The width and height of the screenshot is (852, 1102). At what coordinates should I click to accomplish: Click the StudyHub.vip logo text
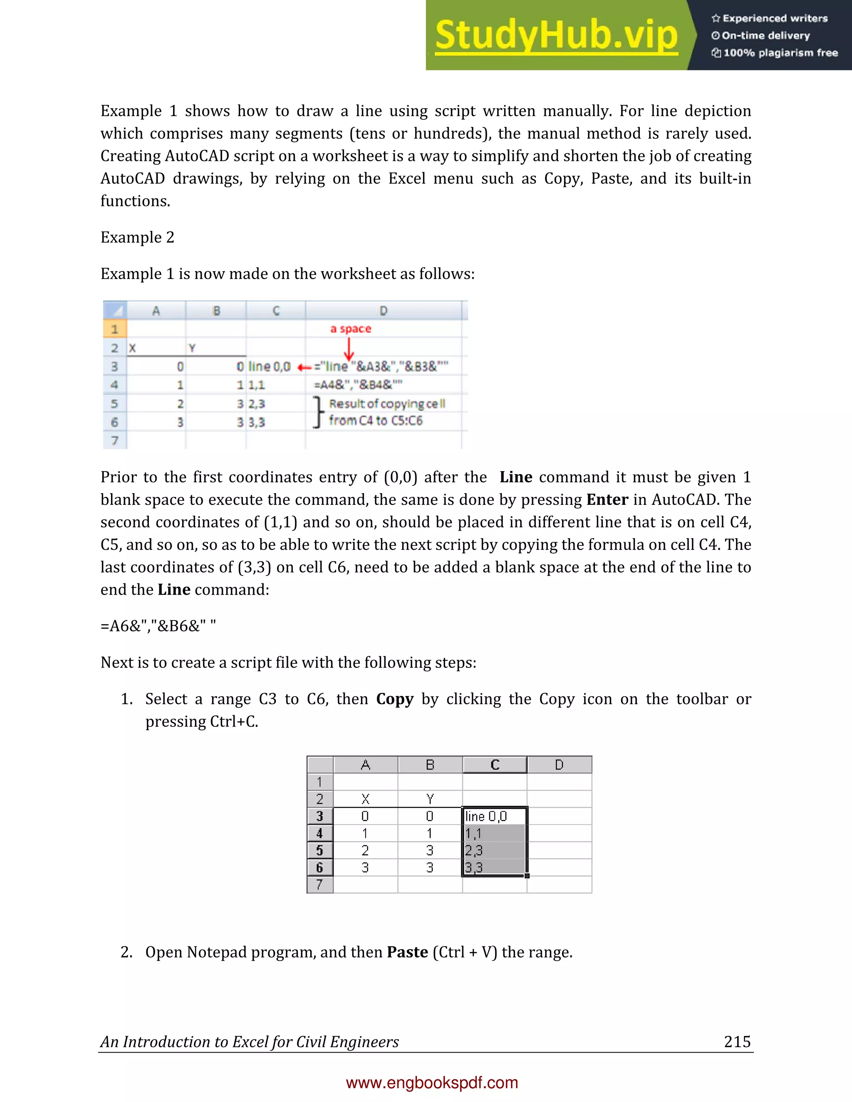(556, 35)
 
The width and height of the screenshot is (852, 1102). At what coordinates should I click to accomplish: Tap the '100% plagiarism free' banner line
(775, 52)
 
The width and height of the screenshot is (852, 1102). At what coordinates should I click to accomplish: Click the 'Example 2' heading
(137, 237)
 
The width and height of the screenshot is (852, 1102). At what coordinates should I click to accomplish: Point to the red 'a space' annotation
(350, 329)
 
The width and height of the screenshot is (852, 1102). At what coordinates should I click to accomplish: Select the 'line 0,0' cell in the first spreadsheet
(270, 366)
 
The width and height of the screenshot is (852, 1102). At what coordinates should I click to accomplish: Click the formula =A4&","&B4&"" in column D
(358, 385)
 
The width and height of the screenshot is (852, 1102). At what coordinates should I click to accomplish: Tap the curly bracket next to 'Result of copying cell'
(317, 412)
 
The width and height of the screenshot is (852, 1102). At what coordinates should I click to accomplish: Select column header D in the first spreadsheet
(383, 311)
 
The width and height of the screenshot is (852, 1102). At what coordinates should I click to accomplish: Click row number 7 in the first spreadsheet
(114, 440)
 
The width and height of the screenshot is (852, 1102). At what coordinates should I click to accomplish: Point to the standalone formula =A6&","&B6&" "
(158, 626)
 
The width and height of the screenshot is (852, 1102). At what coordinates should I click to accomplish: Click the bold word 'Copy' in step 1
(395, 699)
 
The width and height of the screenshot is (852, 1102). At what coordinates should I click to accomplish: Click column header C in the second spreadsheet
(495, 765)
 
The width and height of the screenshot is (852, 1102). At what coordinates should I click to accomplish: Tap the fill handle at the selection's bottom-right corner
(527, 876)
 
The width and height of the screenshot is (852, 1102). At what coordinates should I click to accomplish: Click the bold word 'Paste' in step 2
(407, 952)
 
